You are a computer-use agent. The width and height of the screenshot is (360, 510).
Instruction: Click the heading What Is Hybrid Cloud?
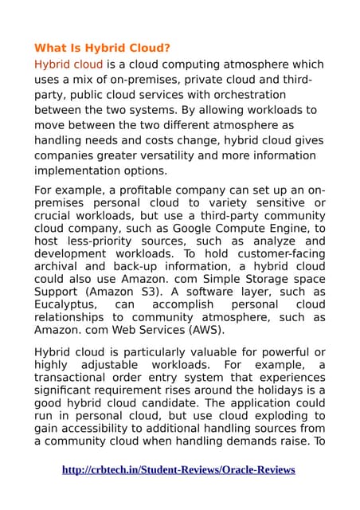102,48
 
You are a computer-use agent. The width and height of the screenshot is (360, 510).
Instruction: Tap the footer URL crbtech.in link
178,469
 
